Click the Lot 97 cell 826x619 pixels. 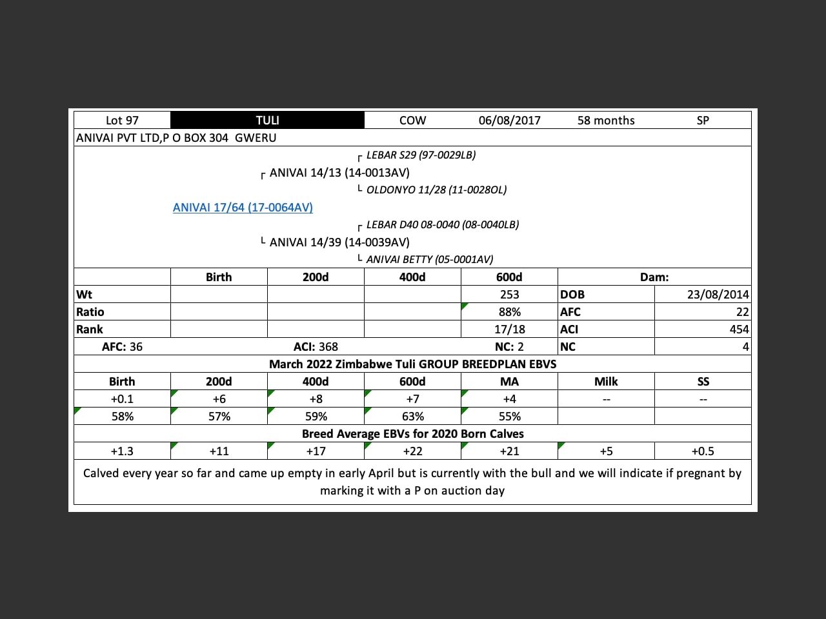tap(122, 121)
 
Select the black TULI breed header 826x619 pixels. tap(267, 121)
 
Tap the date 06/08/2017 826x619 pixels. tap(509, 121)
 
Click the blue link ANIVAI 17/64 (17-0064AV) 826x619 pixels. tap(243, 208)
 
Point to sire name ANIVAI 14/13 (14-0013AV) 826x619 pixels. tap(339, 173)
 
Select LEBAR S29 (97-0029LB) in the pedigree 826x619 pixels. tap(421, 155)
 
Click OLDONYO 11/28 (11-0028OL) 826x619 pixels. tap(436, 190)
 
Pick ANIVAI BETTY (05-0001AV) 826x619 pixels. tap(430, 260)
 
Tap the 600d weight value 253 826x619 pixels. tap(509, 295)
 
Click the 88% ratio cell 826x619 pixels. tap(509, 312)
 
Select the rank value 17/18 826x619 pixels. tap(509, 329)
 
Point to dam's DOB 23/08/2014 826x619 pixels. tap(718, 295)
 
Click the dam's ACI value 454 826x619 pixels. tap(739, 329)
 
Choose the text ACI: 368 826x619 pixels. tap(316, 347)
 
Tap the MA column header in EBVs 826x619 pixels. tap(509, 382)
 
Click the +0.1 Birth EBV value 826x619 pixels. tap(122, 399)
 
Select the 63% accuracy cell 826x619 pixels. tap(412, 417)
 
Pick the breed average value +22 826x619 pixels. tap(412, 451)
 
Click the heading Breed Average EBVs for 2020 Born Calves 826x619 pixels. tap(412, 434)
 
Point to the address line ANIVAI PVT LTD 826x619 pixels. tap(176, 138)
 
